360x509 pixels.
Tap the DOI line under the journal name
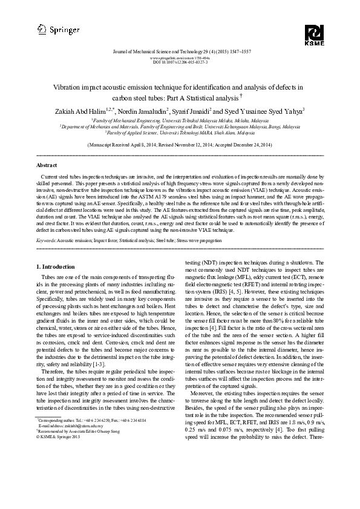180,62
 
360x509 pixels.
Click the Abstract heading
47,165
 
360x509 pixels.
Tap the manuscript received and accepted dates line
180,146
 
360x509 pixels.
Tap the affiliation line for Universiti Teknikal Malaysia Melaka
180,121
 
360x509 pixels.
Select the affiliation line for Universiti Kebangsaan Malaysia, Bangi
180,126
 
